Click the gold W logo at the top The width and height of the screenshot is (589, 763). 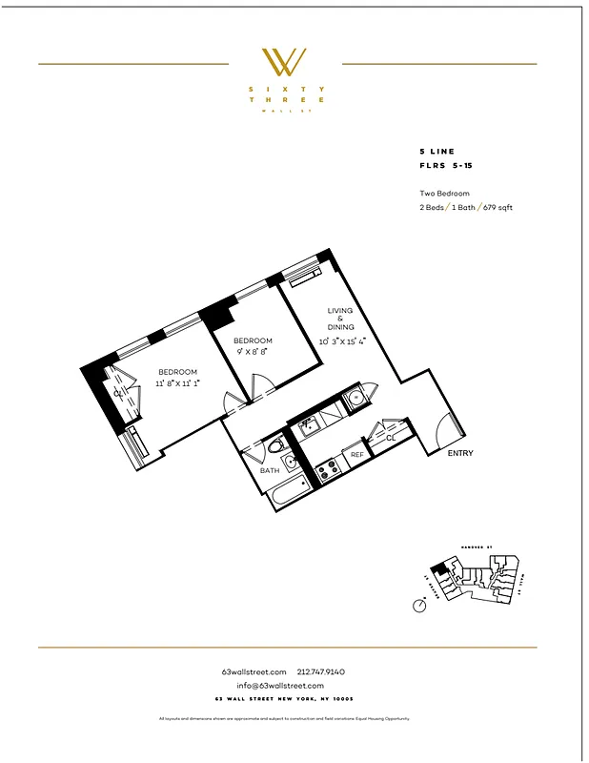coord(285,62)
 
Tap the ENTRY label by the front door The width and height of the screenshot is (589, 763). coord(460,453)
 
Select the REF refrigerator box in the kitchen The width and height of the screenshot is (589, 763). coord(357,455)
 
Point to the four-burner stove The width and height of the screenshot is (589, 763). coord(327,468)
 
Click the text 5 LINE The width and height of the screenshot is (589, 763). coord(437,152)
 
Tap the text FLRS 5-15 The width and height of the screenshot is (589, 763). coord(445,166)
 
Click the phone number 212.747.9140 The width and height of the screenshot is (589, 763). coord(327,671)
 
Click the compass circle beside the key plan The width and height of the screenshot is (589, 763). coord(420,605)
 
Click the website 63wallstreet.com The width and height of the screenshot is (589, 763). coord(253,671)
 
